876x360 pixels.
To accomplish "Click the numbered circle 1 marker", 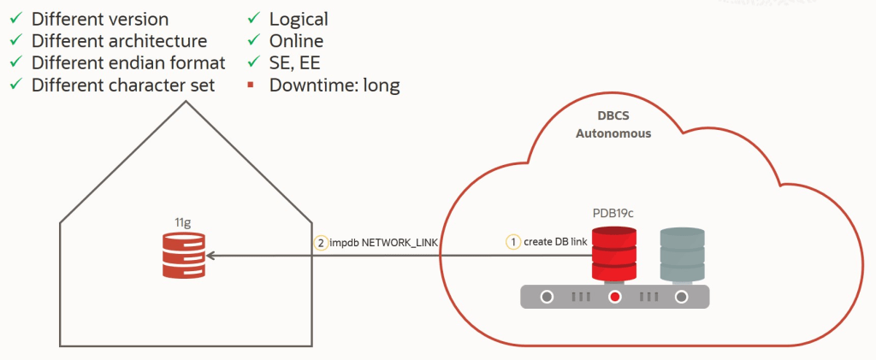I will pyautogui.click(x=513, y=242).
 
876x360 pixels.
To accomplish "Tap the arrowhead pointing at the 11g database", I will pyautogui.click(x=210, y=255).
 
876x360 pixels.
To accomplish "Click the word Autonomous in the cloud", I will pyautogui.click(x=613, y=133).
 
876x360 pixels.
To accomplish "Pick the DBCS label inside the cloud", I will pyautogui.click(x=613, y=115).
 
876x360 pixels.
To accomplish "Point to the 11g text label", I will pyautogui.click(x=182, y=222).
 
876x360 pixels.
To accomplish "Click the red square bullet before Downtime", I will pyautogui.click(x=254, y=86).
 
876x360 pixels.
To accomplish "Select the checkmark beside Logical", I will pyautogui.click(x=254, y=19).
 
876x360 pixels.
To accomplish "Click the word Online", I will pyautogui.click(x=296, y=41).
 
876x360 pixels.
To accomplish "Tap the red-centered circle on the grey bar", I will pyautogui.click(x=614, y=298).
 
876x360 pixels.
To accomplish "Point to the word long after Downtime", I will pyautogui.click(x=381, y=86).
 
